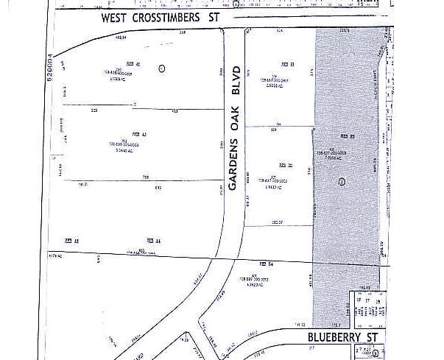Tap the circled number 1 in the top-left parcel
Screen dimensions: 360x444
(x=162, y=68)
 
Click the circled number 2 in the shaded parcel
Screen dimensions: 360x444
(x=341, y=181)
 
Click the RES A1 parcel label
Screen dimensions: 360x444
(x=133, y=63)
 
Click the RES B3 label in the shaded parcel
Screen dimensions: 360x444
(x=348, y=137)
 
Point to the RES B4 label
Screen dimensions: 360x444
(x=267, y=264)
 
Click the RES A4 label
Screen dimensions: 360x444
(x=153, y=241)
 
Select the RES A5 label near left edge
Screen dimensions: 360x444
(x=71, y=241)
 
